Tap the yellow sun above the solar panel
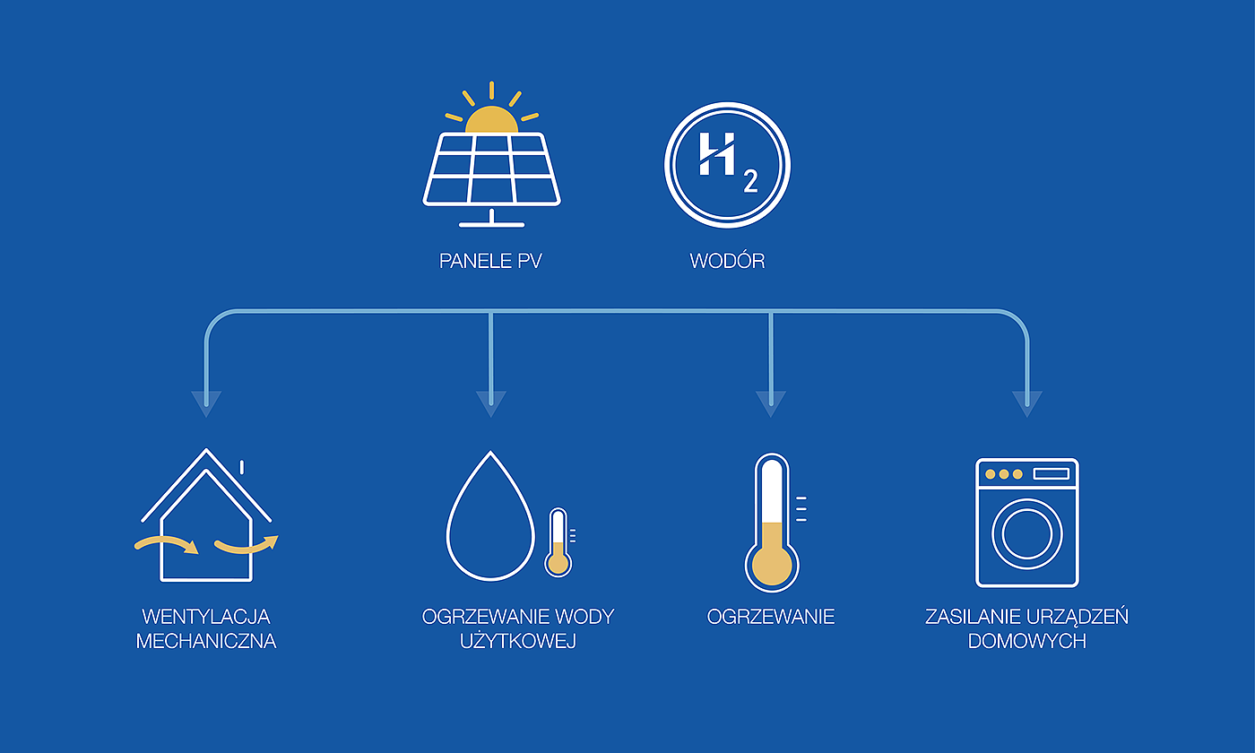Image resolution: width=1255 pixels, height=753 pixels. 491,120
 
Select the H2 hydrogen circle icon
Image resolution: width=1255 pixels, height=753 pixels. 727,165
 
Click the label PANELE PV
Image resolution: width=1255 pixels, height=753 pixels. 491,262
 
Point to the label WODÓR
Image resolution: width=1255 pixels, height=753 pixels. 727,262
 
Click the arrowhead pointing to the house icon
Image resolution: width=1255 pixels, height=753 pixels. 206,402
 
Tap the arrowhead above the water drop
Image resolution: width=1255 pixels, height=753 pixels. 490,402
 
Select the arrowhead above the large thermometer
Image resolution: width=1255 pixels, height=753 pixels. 770,402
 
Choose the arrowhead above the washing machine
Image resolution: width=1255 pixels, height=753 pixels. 1026,402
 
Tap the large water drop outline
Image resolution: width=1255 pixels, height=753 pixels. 489,520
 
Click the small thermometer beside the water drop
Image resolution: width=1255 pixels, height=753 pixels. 558,541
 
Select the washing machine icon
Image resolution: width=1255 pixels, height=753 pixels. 1026,523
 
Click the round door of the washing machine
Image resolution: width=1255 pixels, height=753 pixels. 1026,534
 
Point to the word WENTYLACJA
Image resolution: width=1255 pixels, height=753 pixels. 206,617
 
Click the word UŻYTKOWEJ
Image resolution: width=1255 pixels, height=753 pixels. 517,642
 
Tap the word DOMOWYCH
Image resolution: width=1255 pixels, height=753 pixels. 1026,642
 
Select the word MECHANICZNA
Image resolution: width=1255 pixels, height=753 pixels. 206,642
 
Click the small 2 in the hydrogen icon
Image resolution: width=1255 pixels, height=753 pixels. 749,182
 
